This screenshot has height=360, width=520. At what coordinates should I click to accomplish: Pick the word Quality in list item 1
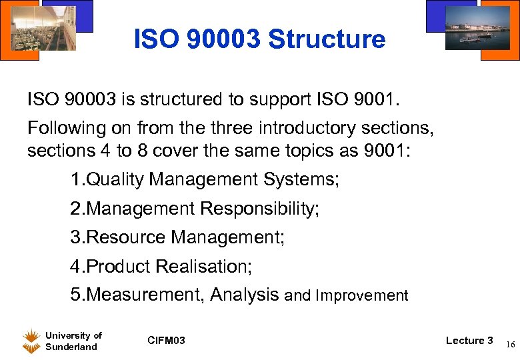tap(116, 179)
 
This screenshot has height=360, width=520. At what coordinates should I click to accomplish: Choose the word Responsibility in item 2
tap(259, 209)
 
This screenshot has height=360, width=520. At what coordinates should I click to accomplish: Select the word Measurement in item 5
tap(146, 295)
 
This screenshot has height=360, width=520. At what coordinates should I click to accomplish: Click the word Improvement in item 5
tap(362, 295)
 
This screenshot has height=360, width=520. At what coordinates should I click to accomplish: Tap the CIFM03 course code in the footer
tap(166, 341)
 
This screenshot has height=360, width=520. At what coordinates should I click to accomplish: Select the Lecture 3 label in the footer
tap(469, 341)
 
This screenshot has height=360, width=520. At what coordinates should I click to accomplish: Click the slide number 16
tap(509, 345)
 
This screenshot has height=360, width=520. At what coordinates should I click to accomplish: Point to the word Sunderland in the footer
tap(71, 347)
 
